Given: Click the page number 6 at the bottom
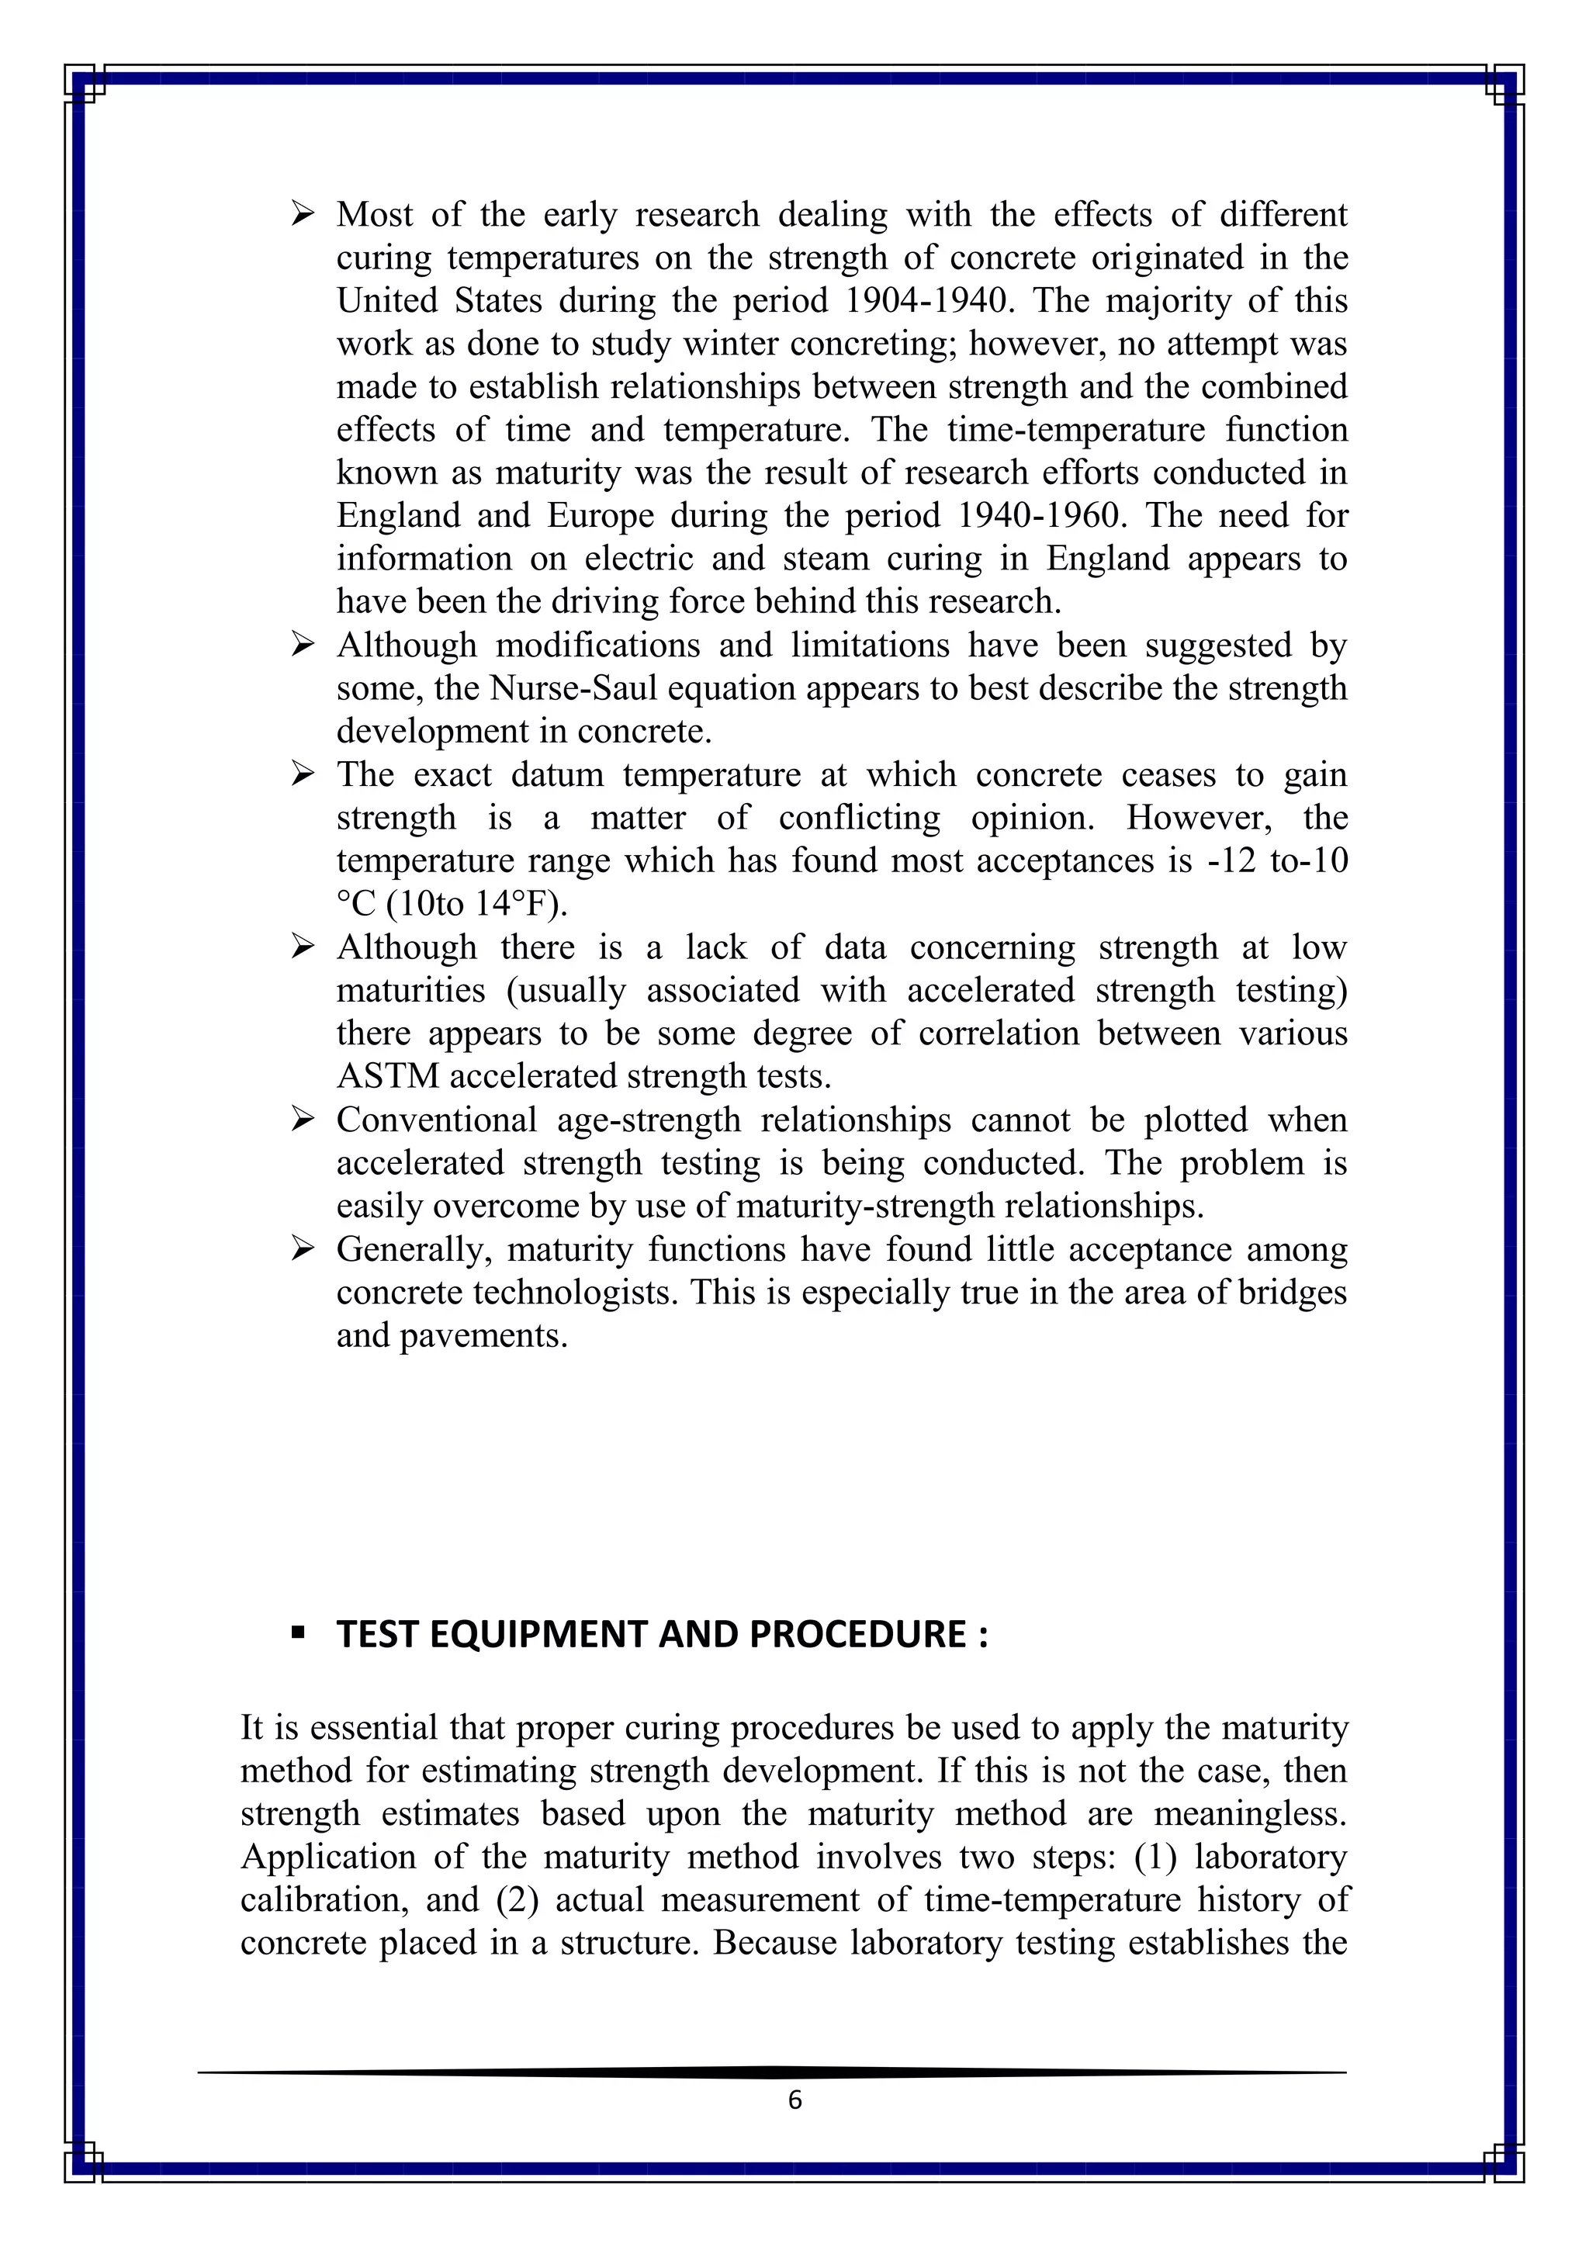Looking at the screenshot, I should tap(794, 2100).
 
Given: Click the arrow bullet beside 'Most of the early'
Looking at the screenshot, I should tap(303, 213).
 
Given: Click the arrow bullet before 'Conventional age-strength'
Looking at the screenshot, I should tap(303, 1120).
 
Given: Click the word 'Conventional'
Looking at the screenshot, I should tap(436, 1120).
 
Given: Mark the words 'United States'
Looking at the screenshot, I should tap(439, 300).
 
